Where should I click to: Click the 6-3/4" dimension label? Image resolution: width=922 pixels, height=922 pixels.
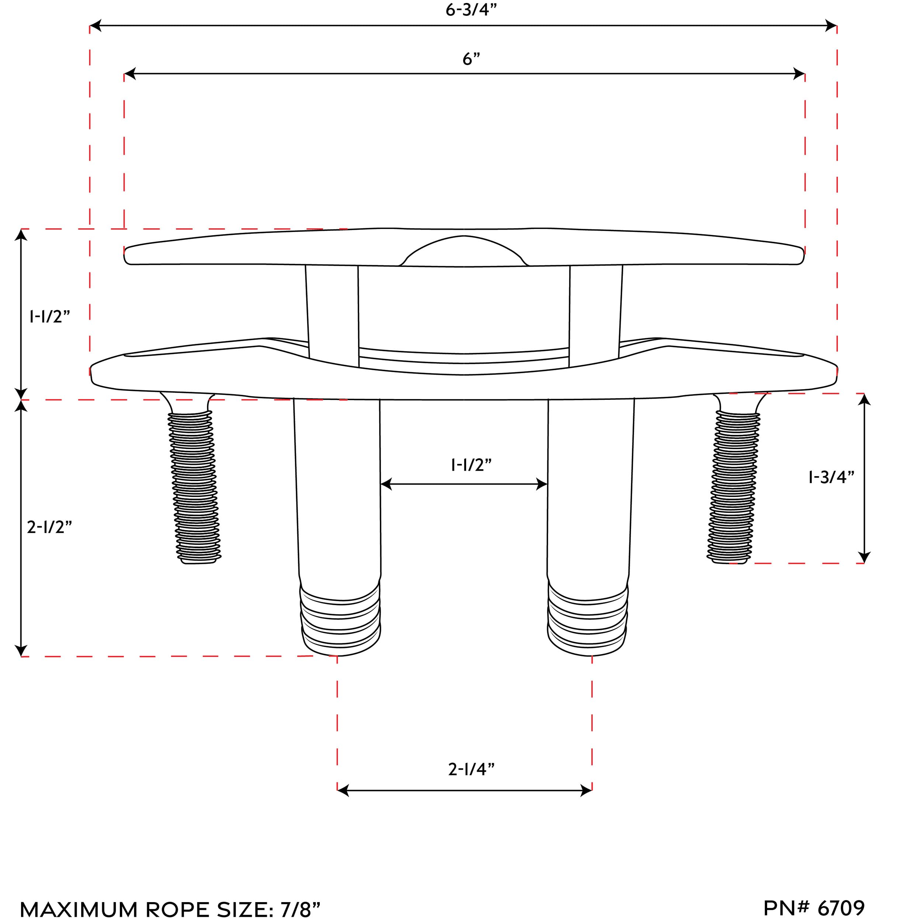click(x=471, y=10)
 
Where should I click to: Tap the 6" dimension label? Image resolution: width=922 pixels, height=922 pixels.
click(x=471, y=59)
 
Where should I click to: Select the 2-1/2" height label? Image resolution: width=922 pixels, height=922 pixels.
click(x=49, y=527)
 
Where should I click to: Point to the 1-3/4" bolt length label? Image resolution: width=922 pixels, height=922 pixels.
click(x=831, y=477)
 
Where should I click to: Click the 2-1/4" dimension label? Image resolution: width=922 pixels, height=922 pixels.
click(x=471, y=769)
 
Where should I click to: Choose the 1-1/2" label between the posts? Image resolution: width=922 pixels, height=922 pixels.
click(x=471, y=465)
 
